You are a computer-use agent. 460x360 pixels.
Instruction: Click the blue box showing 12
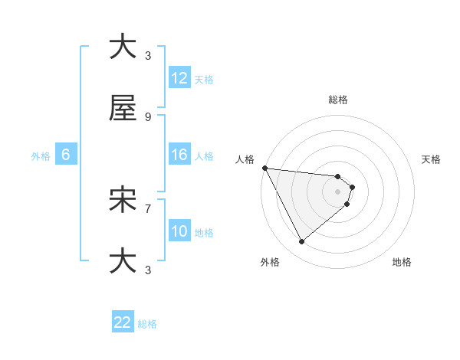pos(179,78)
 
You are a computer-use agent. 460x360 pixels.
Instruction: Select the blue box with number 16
pos(179,155)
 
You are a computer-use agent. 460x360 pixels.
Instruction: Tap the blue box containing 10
pos(179,231)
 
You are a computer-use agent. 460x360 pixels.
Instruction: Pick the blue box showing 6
pos(66,155)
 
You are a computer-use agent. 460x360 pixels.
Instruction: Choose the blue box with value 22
pos(123,322)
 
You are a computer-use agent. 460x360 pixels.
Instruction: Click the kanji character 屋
pos(123,110)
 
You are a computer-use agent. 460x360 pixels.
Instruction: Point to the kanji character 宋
pos(123,201)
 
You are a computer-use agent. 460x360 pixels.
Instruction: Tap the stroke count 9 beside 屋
pos(148,117)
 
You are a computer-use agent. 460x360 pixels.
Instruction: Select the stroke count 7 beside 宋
pos(148,208)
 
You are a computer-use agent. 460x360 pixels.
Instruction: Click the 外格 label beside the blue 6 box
pos(41,156)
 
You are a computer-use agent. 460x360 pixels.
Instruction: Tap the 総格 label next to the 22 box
pos(147,324)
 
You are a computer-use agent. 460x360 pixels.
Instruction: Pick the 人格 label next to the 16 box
pos(204,156)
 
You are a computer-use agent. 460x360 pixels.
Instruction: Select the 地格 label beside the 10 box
pos(204,233)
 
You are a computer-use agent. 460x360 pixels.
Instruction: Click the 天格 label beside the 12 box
pos(204,80)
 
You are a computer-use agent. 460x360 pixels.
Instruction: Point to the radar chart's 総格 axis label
pos(338,100)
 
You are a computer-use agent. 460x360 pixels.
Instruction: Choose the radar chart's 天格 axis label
pos(431,159)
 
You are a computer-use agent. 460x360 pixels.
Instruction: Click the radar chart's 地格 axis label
pos(402,262)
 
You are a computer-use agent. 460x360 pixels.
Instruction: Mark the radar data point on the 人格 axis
pos(264,168)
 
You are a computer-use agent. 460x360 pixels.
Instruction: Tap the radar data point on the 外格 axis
pos(301,242)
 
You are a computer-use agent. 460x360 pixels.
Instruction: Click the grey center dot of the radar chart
pos(338,191)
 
